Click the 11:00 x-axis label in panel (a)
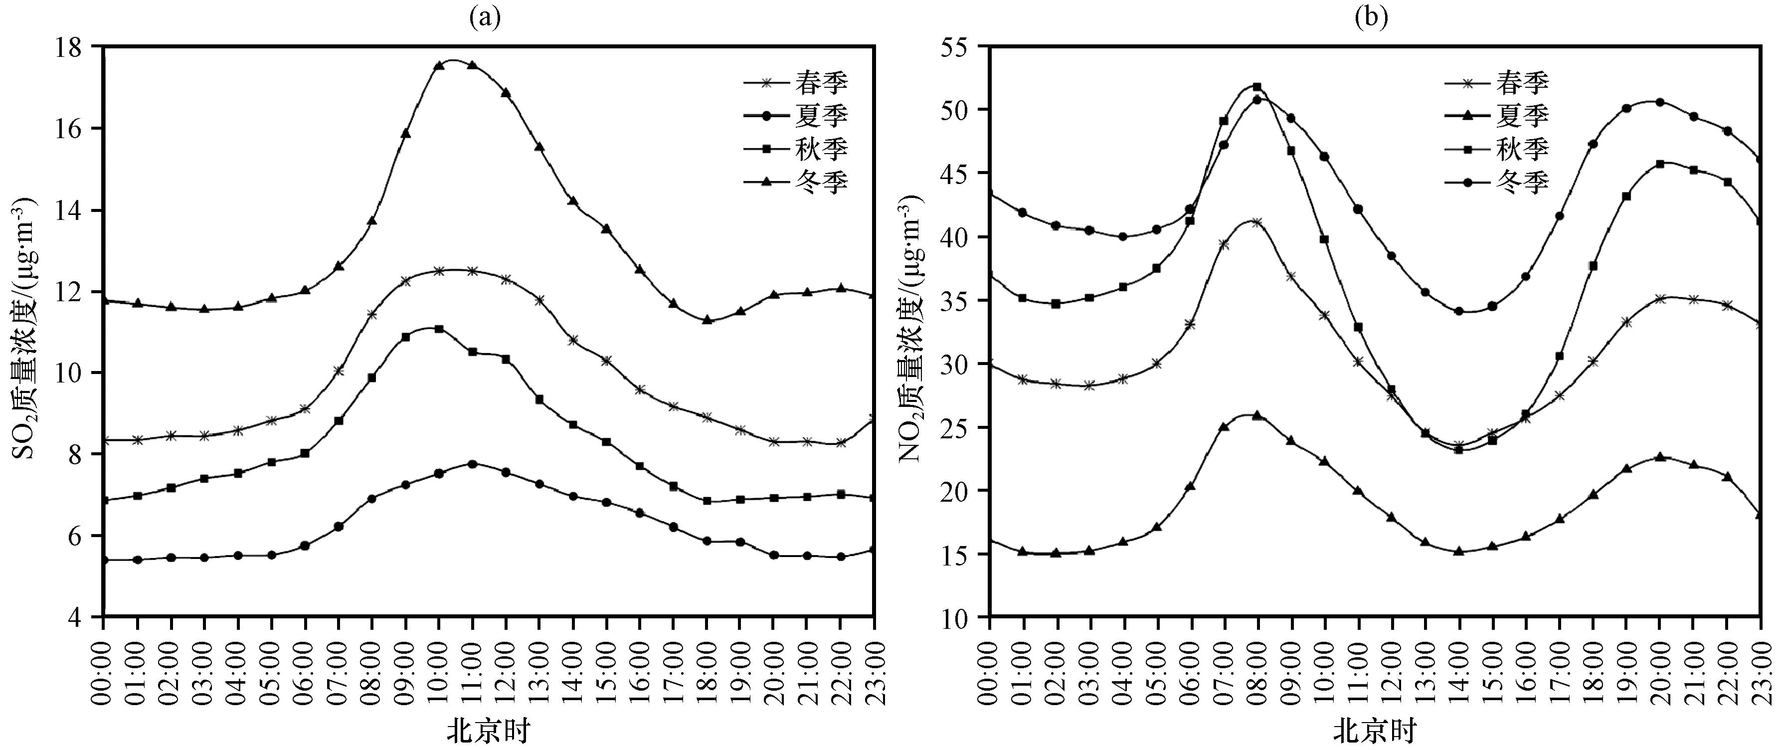(x=473, y=664)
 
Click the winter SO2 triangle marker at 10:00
(x=439, y=65)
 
